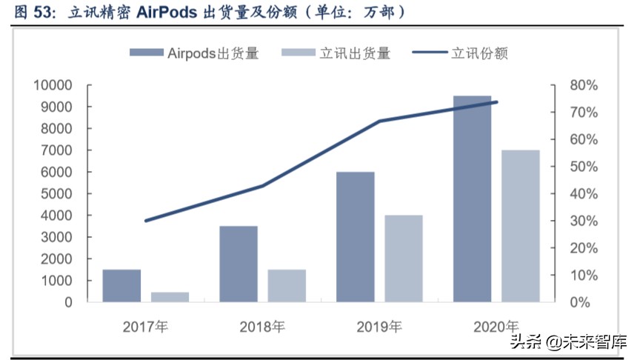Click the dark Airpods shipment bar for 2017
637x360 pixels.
pos(121,286)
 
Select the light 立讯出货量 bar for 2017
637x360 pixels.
pos(170,297)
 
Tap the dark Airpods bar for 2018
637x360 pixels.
pos(239,264)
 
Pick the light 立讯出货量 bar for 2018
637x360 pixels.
pos(287,286)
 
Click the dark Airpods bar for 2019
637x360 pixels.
pos(356,237)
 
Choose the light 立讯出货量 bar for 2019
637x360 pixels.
pos(404,259)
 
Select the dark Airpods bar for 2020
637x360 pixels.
pos(472,199)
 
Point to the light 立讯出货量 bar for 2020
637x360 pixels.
pos(521,226)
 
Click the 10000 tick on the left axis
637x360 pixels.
pos(52,85)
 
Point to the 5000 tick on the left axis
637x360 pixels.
pos(56,194)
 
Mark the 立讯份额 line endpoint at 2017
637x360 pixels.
pos(146,221)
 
